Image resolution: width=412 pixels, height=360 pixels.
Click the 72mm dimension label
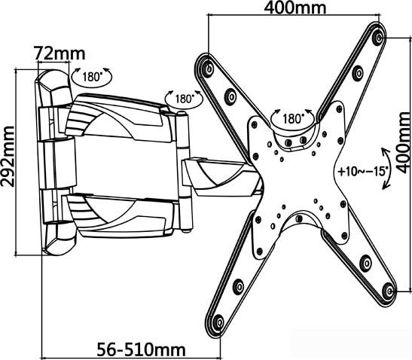coord(60,53)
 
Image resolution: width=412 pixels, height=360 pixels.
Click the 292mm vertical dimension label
coord(8,157)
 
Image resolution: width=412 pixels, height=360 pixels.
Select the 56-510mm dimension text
coord(142,349)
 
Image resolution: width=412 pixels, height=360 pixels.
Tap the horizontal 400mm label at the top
coord(295,8)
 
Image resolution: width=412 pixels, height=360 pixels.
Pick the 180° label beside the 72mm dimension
coord(92,77)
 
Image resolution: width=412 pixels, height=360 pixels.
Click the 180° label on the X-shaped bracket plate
coord(292,118)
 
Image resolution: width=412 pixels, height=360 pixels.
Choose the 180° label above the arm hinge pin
coord(185,99)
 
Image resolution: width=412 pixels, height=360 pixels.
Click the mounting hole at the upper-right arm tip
coord(379,38)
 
